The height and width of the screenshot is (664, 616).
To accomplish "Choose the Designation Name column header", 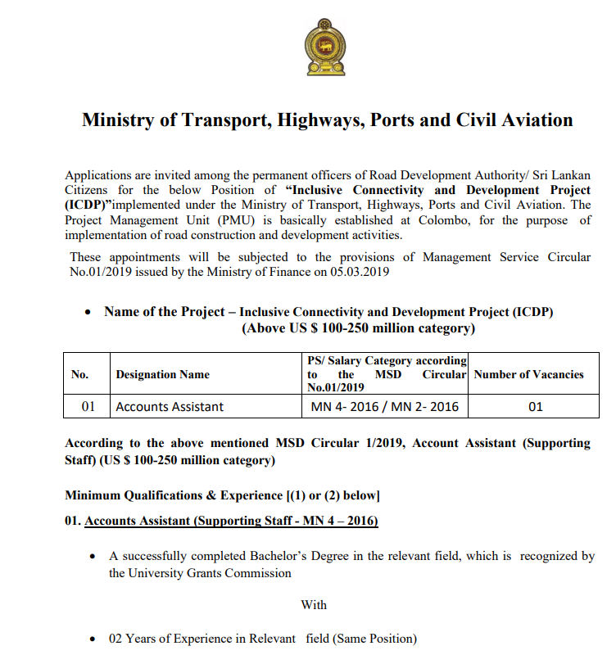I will click(162, 374).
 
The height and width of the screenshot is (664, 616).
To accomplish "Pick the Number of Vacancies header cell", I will click(528, 374).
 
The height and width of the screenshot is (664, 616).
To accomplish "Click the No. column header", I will click(79, 374).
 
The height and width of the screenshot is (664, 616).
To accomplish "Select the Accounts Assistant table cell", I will click(170, 406).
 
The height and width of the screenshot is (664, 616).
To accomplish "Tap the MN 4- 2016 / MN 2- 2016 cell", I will click(384, 406).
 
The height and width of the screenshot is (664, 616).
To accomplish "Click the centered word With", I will click(314, 605).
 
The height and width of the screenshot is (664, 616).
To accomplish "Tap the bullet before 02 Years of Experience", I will click(93, 639).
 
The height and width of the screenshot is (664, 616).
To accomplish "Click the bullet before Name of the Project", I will click(88, 313).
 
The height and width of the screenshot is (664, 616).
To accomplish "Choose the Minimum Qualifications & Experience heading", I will click(221, 495).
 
